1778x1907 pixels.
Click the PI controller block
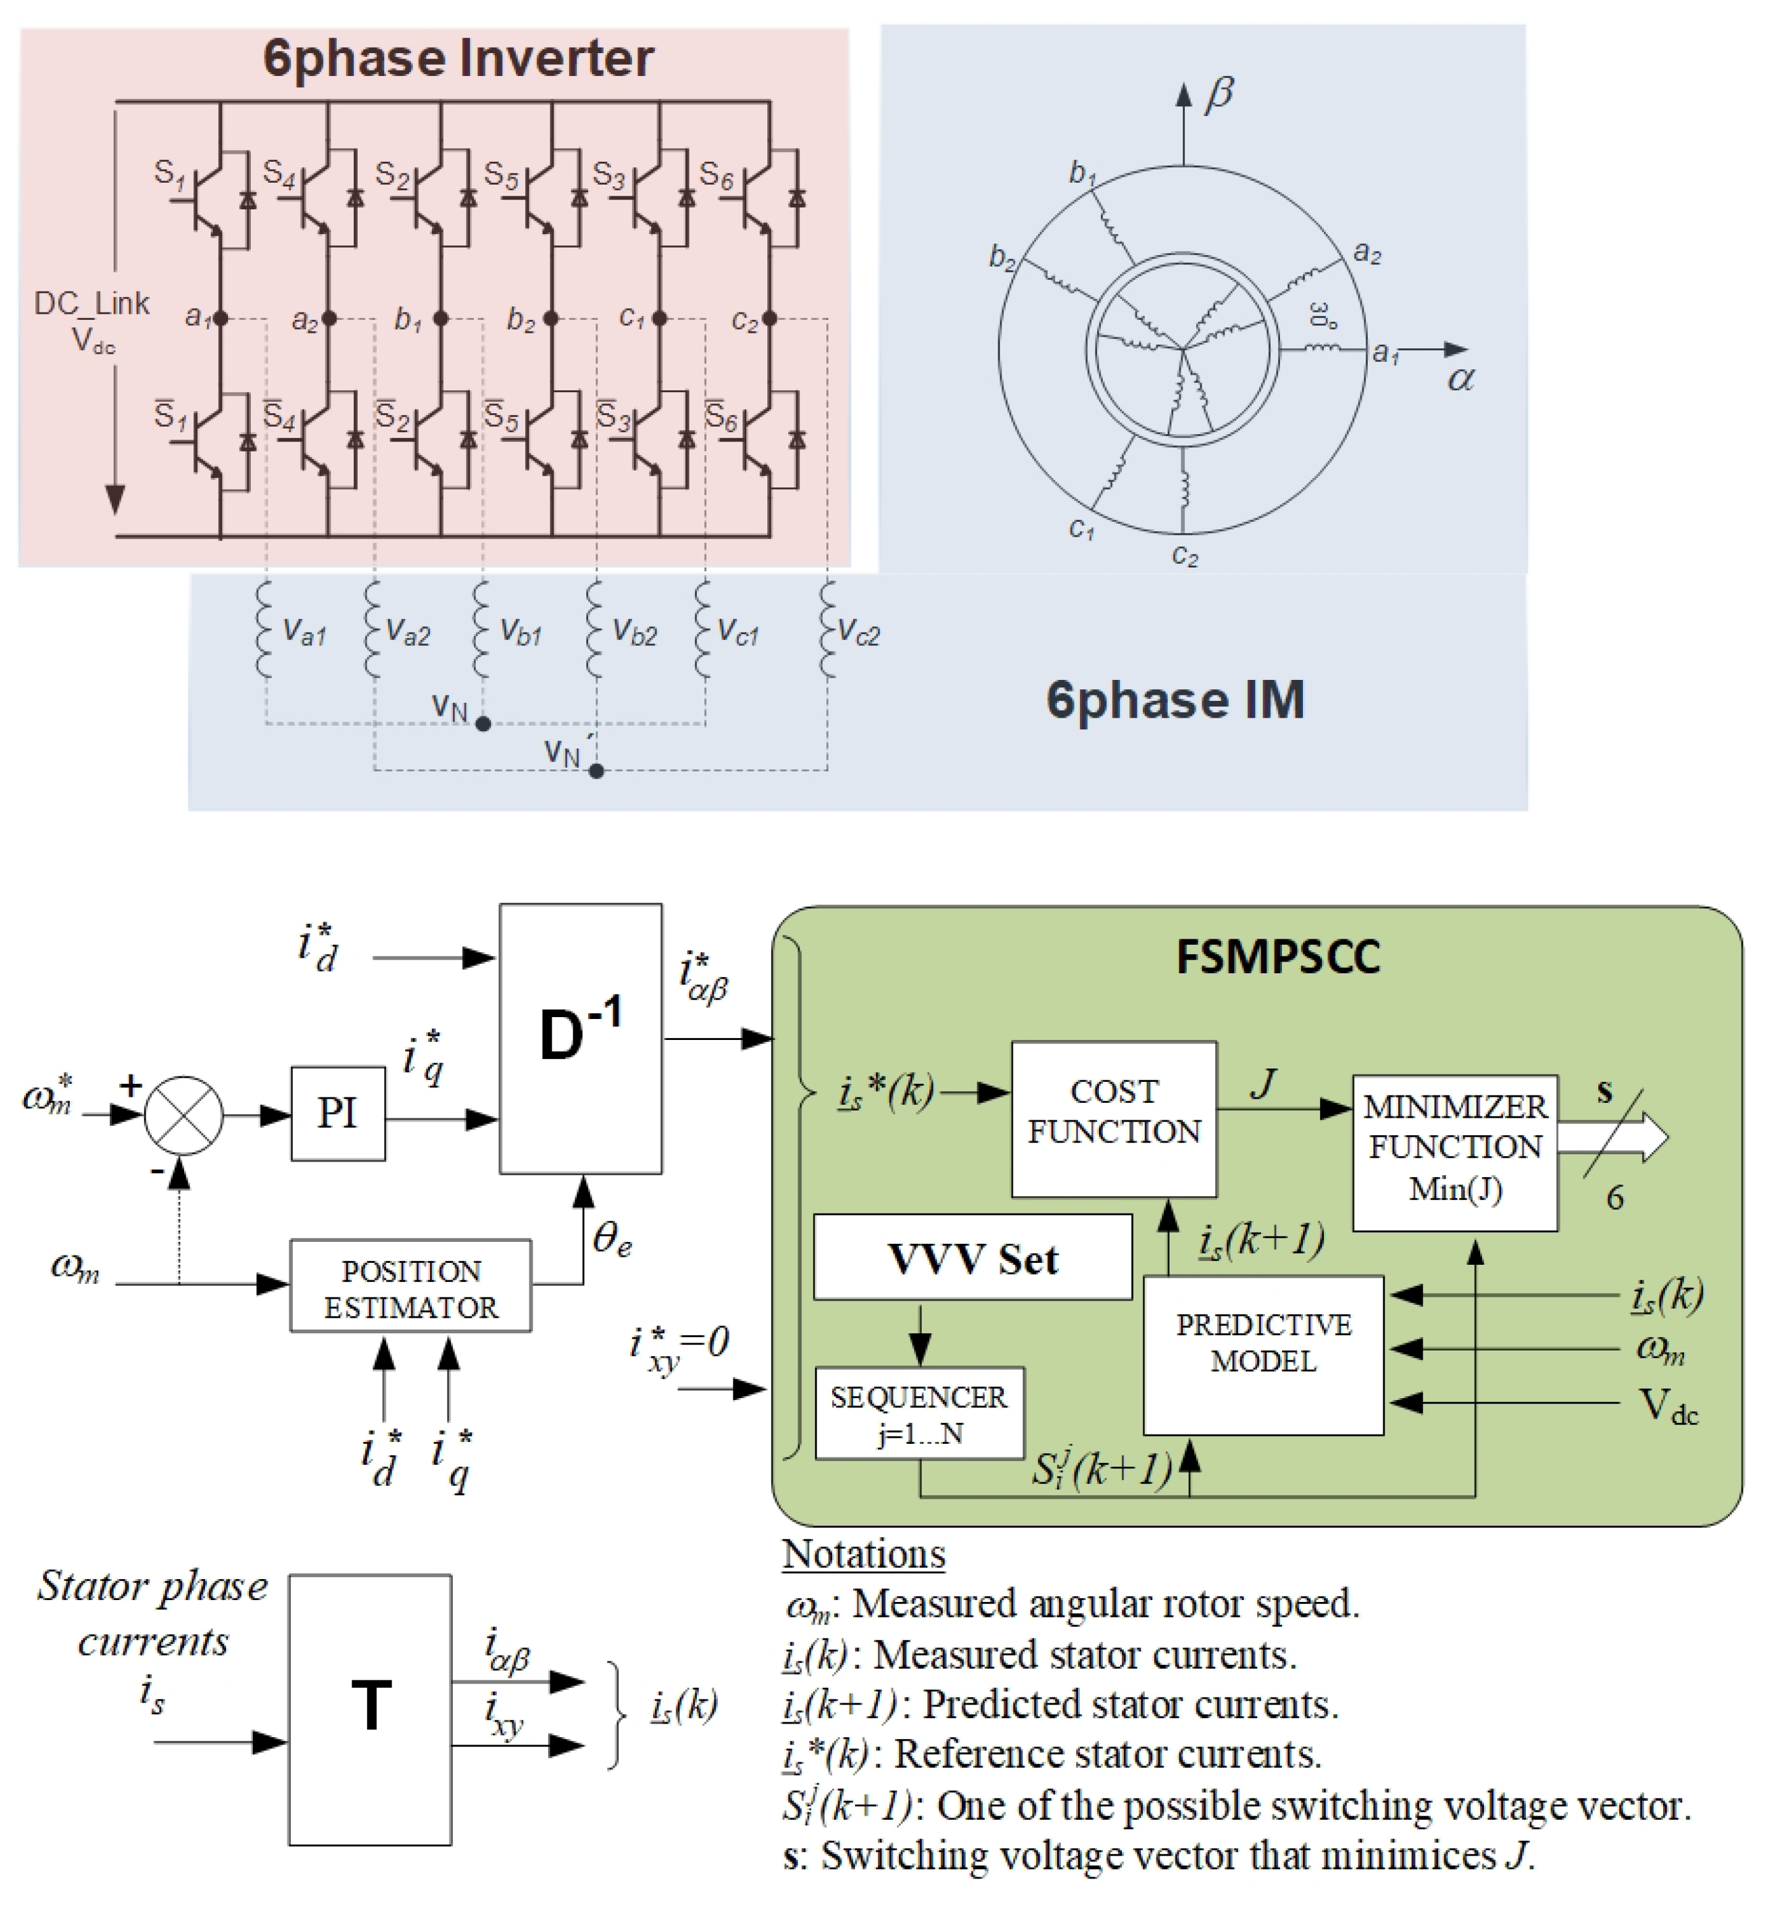pyautogui.click(x=338, y=1113)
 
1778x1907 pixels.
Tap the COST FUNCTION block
pyautogui.click(x=1113, y=1118)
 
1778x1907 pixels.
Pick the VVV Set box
pyautogui.click(x=971, y=1257)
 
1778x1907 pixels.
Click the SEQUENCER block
pyautogui.click(x=918, y=1413)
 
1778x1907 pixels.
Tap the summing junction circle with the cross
pyautogui.click(x=183, y=1115)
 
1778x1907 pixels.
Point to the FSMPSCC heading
pyautogui.click(x=1277, y=957)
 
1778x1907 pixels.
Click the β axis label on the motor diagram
pyautogui.click(x=1219, y=94)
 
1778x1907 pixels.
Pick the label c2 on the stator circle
pyautogui.click(x=1184, y=556)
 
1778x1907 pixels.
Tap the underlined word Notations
pyautogui.click(x=862, y=1554)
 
